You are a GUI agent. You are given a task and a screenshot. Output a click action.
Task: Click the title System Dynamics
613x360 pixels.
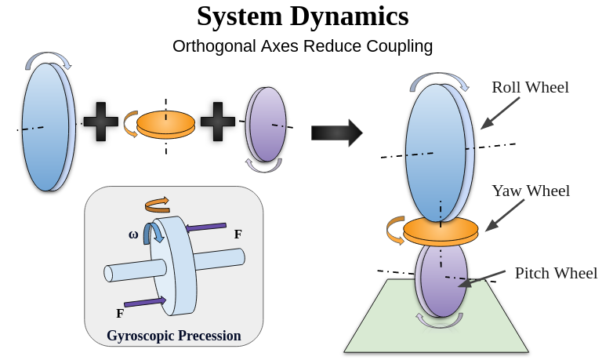[x=303, y=16]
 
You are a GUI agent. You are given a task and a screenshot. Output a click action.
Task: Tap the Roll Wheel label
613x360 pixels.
[x=530, y=87]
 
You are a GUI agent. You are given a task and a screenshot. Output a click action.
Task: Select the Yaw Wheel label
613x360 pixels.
[x=531, y=191]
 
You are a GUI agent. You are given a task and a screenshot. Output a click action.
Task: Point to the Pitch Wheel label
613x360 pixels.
[x=556, y=273]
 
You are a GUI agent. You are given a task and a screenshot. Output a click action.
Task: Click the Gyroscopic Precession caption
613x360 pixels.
[x=173, y=336]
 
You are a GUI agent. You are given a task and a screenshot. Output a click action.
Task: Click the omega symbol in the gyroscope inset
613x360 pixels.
[x=133, y=235]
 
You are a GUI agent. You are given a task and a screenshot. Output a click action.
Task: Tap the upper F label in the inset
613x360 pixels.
[x=238, y=234]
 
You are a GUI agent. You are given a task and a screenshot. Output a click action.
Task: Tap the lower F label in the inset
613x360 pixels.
[x=120, y=313]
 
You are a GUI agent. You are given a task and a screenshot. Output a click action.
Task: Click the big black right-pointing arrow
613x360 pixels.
[x=336, y=133]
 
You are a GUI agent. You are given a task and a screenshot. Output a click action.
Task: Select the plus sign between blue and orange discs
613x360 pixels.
[x=101, y=122]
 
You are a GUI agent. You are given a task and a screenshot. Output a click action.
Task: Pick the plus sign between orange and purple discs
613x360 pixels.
[x=218, y=122]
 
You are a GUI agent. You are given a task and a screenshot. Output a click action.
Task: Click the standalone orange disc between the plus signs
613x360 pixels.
[x=165, y=125]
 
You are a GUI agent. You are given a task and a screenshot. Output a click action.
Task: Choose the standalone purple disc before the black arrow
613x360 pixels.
[x=266, y=124]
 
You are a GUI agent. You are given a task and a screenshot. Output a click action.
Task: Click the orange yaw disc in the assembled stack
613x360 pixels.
[x=441, y=231]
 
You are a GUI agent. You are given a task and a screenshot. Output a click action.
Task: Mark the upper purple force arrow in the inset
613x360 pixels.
[x=205, y=227]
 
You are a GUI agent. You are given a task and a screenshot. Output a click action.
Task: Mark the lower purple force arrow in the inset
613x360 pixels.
[x=145, y=302]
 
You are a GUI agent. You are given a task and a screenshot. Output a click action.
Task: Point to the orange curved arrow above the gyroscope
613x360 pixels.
[x=157, y=204]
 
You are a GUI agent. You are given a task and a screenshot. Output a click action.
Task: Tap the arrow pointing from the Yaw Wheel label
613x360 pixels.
[x=505, y=215]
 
